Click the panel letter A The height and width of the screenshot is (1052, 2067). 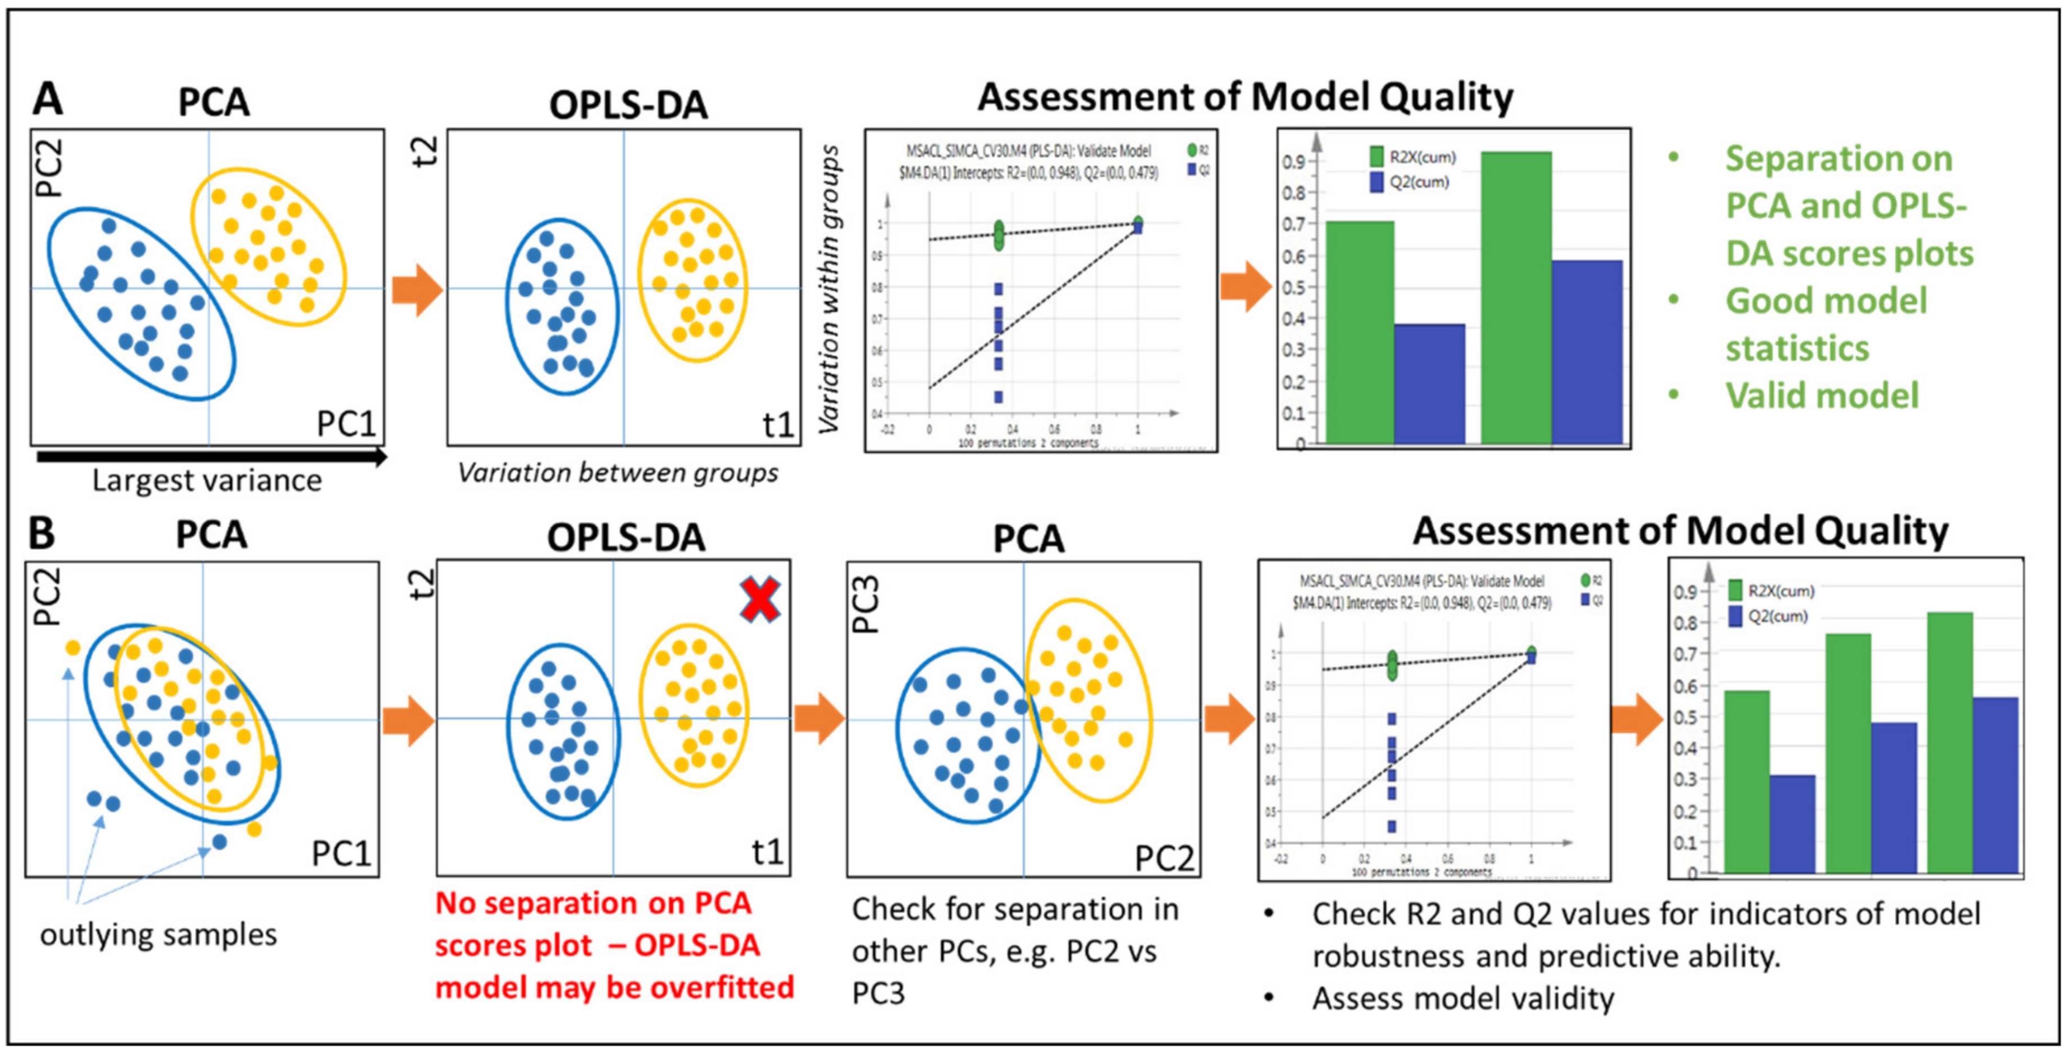[48, 100]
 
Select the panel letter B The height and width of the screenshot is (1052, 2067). [42, 534]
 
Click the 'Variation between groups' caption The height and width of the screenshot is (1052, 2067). [617, 473]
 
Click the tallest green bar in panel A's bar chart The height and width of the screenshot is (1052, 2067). [1516, 297]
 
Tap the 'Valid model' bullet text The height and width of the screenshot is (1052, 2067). [1821, 395]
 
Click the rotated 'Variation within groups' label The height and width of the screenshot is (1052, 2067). [830, 289]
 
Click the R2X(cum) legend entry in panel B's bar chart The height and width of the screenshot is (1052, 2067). [1780, 591]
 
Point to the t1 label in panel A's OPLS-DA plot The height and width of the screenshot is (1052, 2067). [777, 424]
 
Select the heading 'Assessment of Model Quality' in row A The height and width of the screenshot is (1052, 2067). [1244, 98]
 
